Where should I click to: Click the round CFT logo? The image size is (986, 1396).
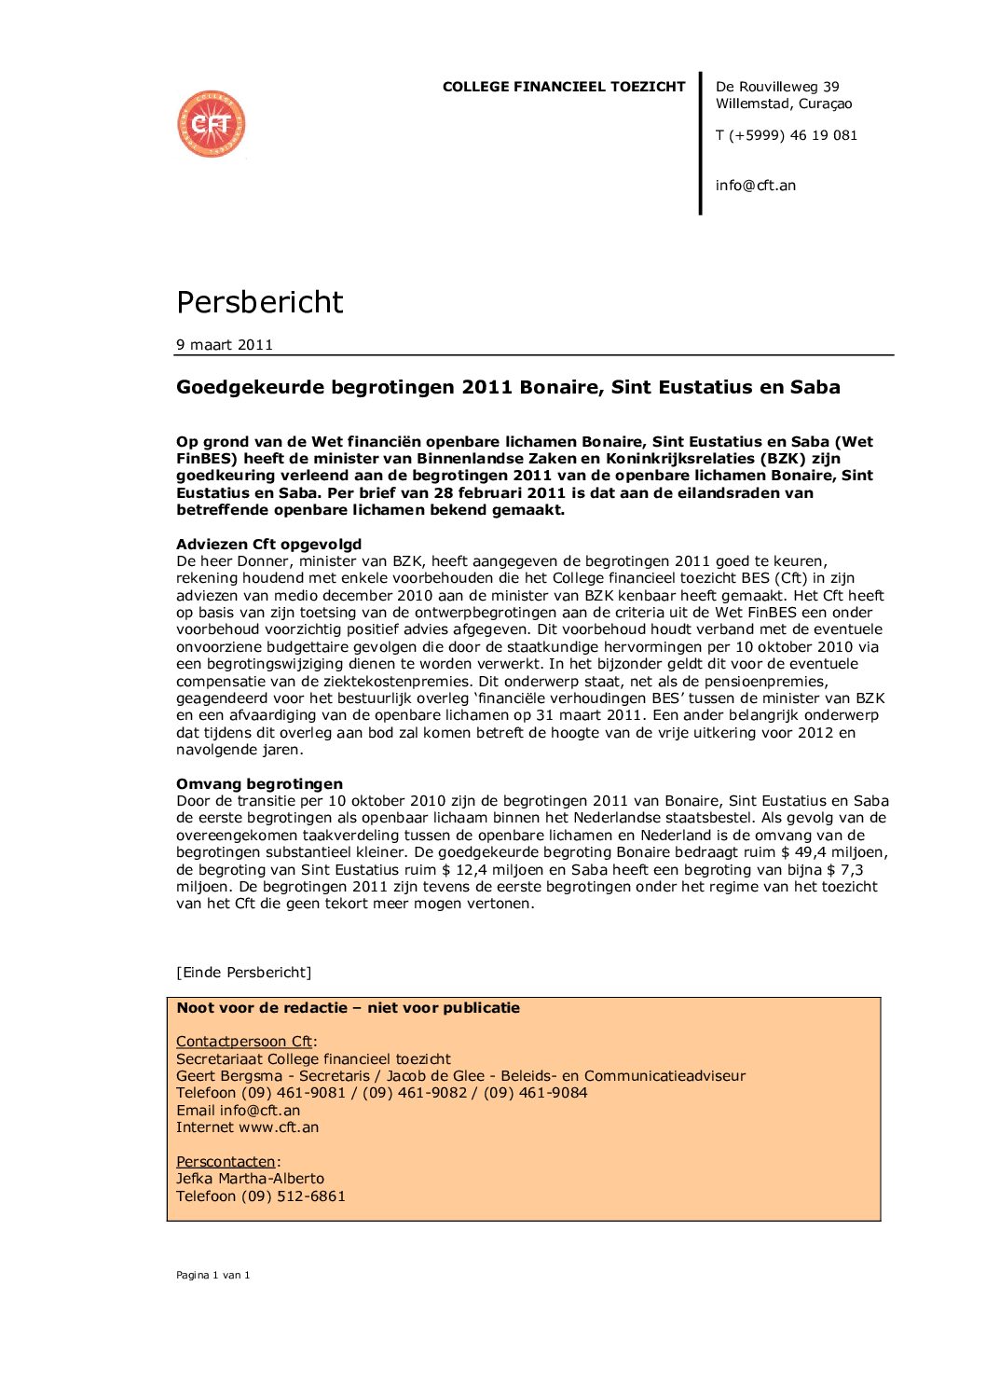click(x=212, y=124)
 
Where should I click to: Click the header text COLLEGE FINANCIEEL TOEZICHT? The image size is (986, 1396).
click(x=563, y=87)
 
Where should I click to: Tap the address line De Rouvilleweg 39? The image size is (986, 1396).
click(x=776, y=87)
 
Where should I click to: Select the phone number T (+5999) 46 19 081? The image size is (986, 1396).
click(x=786, y=135)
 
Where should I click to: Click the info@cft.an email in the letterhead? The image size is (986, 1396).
click(x=755, y=186)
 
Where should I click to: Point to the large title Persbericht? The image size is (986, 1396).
click(x=259, y=302)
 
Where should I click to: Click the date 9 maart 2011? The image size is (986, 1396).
click(x=225, y=345)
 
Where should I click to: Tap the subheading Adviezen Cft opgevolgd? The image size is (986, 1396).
click(x=268, y=545)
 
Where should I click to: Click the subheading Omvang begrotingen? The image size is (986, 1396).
click(x=259, y=784)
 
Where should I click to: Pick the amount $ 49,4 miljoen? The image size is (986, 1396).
click(x=840, y=852)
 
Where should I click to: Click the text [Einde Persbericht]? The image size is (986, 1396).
click(x=243, y=973)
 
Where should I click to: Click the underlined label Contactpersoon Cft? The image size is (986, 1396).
click(x=244, y=1042)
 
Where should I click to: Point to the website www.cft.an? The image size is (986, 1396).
click(x=279, y=1127)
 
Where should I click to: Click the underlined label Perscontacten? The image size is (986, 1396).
click(x=226, y=1162)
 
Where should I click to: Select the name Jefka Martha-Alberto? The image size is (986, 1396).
click(x=250, y=1179)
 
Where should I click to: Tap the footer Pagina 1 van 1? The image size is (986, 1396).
click(x=212, y=1275)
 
